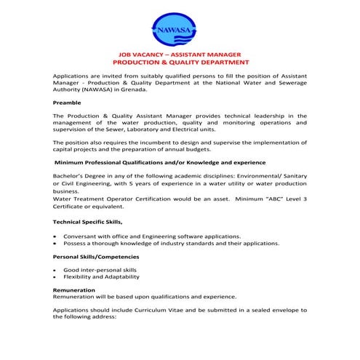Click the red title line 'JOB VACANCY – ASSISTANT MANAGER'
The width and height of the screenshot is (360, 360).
(x=180, y=55)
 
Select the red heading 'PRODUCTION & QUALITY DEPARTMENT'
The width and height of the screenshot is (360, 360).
(x=180, y=63)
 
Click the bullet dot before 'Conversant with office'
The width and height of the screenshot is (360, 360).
(x=56, y=236)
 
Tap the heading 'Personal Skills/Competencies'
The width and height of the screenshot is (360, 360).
(x=95, y=257)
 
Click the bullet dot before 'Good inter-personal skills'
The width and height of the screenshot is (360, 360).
(x=56, y=270)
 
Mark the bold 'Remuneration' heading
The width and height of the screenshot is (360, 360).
(x=74, y=289)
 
